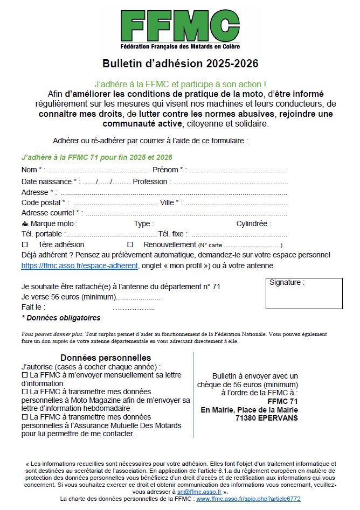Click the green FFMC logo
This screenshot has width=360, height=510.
tap(180, 27)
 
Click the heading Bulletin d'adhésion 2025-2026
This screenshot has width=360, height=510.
tap(180, 64)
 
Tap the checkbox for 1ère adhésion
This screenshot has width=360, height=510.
tap(24, 244)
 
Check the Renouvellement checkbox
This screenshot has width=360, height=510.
tap(130, 244)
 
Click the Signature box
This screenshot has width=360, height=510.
tap(304, 294)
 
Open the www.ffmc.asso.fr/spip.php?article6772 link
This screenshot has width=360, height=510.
tap(248, 499)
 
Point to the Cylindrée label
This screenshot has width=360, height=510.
tap(254, 223)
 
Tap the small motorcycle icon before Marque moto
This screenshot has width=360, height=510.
tap(25, 223)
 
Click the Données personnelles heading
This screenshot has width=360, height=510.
tap(106, 358)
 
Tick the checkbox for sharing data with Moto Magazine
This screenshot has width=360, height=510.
tap(24, 392)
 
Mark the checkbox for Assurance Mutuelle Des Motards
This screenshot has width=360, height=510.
tap(24, 417)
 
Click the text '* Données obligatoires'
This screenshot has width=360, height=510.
tap(61, 318)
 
